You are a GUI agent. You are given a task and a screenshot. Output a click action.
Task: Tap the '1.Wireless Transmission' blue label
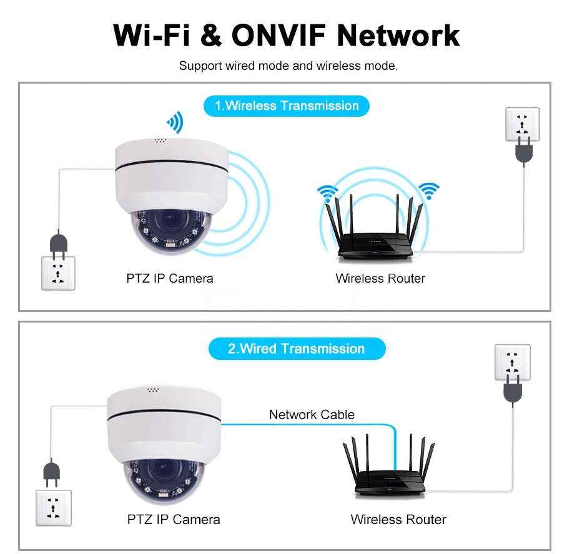[287, 105]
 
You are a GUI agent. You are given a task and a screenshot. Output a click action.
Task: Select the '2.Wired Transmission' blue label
[296, 348]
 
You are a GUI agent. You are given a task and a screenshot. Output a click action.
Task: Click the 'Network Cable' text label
[312, 414]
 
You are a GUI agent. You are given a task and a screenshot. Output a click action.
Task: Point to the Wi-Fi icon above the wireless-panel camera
[174, 122]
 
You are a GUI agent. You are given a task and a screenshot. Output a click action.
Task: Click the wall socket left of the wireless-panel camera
[58, 273]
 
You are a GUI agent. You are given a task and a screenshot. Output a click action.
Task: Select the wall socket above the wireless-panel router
[521, 124]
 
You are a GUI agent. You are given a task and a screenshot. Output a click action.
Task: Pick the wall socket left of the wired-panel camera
[54, 507]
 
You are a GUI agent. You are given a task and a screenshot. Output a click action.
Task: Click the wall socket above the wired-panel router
[512, 361]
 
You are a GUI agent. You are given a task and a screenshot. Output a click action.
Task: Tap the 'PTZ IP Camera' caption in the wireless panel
[169, 278]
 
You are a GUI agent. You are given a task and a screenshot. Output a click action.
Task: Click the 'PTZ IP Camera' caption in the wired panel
[174, 519]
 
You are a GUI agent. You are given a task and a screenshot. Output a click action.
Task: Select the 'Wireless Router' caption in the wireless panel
[380, 278]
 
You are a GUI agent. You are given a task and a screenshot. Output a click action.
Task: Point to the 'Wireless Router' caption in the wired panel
[398, 519]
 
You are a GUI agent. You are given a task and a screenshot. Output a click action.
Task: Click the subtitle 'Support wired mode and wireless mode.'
[288, 66]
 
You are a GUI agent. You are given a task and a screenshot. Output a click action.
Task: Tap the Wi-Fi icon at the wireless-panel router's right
[429, 190]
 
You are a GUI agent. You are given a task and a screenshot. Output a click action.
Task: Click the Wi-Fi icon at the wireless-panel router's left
[326, 192]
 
